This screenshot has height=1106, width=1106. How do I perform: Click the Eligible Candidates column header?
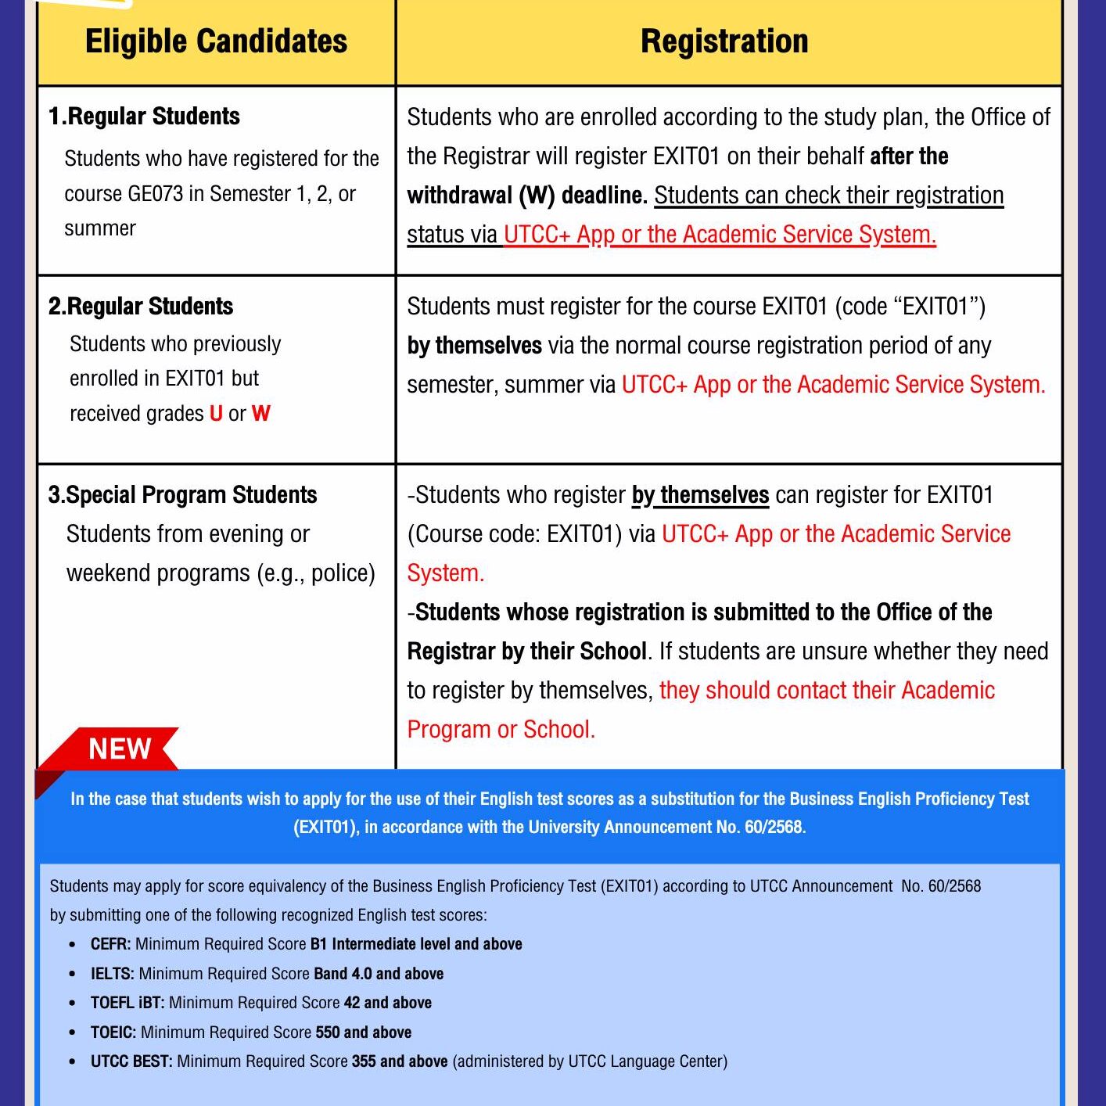[x=216, y=41]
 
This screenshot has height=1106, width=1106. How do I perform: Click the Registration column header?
[x=724, y=41]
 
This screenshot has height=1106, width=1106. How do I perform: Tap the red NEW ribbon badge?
[x=119, y=749]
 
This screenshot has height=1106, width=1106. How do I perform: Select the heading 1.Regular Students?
[x=144, y=117]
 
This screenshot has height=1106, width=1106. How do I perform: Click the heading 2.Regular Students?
[x=141, y=306]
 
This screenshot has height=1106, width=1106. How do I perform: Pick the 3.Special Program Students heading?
[x=182, y=495]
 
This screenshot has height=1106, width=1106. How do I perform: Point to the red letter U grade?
[x=217, y=414]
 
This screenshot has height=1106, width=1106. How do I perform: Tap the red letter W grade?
[x=261, y=414]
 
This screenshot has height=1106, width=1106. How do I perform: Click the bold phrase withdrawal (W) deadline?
[x=527, y=196]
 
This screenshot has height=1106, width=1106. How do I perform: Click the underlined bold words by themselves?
[x=701, y=495]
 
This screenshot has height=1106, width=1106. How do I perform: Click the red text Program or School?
[x=501, y=730]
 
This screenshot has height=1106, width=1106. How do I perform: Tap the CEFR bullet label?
[x=110, y=944]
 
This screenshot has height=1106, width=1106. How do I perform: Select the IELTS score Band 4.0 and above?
[x=379, y=974]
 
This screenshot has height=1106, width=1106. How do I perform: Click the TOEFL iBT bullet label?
[x=127, y=1003]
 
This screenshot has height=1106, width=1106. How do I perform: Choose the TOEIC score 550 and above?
[x=364, y=1032]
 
